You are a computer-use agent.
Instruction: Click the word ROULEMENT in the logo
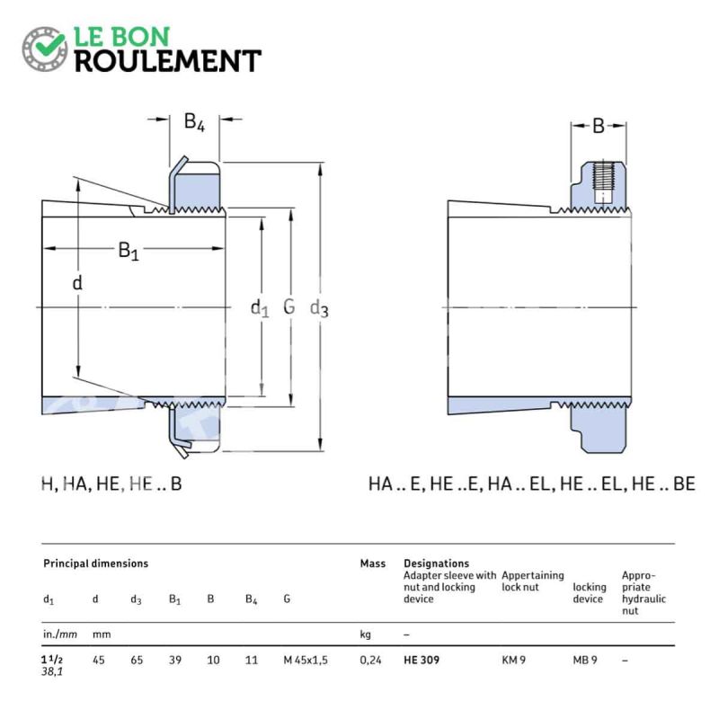click(x=168, y=61)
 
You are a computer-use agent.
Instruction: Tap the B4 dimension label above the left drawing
click(x=194, y=122)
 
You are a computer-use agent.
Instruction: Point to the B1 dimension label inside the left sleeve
click(x=128, y=251)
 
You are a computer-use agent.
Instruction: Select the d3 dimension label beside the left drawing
click(x=319, y=308)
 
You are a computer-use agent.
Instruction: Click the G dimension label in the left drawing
click(x=288, y=306)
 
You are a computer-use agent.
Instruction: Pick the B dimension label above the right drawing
click(x=599, y=126)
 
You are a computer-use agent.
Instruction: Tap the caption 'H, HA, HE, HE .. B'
click(x=111, y=484)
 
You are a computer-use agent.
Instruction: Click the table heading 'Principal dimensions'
click(x=95, y=564)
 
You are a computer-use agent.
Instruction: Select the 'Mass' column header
click(x=372, y=564)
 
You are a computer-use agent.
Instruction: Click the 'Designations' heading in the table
click(x=436, y=564)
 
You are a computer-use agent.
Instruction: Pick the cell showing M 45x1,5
click(x=306, y=661)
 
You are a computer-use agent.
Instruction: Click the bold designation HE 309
click(x=422, y=661)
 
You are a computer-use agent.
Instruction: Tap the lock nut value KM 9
click(x=513, y=661)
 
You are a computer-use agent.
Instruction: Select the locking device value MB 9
click(x=585, y=661)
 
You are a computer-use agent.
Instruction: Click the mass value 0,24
click(x=370, y=661)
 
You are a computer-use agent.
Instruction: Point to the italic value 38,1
click(x=52, y=671)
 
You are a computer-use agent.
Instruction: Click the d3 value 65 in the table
click(x=137, y=661)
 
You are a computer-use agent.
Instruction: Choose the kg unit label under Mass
click(x=366, y=635)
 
